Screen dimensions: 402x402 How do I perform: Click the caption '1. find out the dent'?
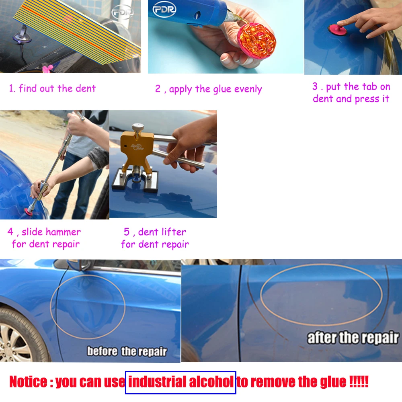[52, 88]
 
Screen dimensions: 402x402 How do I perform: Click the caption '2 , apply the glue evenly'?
[208, 89]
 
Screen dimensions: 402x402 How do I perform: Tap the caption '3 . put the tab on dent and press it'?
[351, 92]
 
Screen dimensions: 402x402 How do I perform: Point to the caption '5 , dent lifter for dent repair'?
[155, 238]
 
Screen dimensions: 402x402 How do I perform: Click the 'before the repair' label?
[127, 352]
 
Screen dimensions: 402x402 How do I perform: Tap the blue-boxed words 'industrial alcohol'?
[180, 382]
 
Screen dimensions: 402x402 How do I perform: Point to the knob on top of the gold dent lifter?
[138, 127]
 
